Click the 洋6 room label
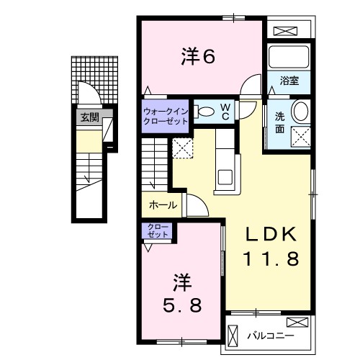197,56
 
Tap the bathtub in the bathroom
288,57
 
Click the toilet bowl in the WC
204,111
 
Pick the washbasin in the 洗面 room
301,111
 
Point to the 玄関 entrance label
89,117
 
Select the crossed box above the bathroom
286,32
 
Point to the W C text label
225,111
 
